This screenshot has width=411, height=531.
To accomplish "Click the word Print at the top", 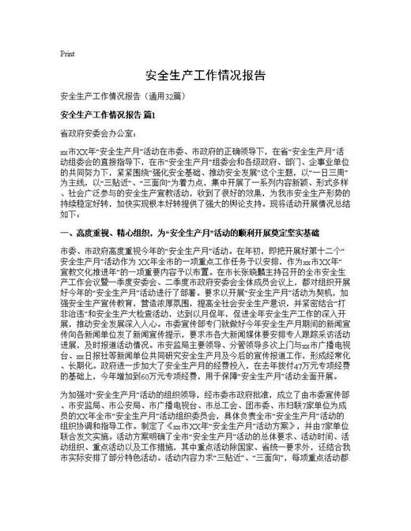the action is click(x=67, y=54).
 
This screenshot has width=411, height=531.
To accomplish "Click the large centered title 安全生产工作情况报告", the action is click(x=205, y=76).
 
